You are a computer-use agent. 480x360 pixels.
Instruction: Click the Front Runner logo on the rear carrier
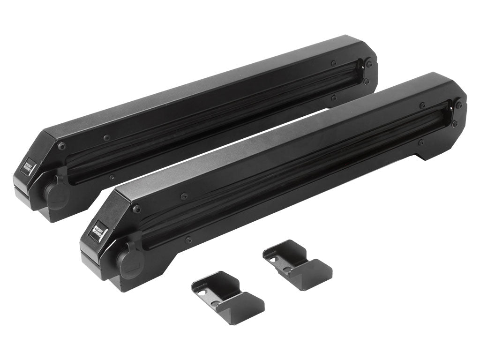click(x=28, y=167)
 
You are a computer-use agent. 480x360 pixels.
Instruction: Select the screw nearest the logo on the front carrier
click(x=136, y=209)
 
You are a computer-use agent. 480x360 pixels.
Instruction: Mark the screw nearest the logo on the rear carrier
click(x=62, y=146)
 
